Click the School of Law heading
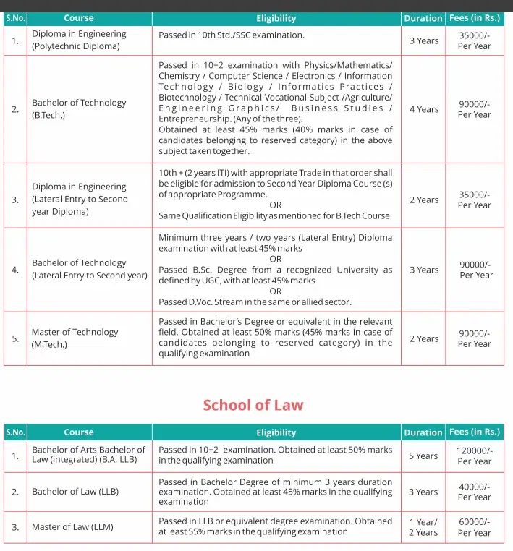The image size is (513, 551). tap(253, 405)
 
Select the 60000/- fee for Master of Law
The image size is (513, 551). tap(474, 527)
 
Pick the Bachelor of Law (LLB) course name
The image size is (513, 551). tap(75, 492)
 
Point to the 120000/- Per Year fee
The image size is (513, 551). tap(474, 456)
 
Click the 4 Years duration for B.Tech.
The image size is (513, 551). tap(423, 109)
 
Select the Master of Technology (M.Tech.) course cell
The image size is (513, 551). tap(75, 338)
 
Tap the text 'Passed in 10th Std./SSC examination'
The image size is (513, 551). tap(232, 35)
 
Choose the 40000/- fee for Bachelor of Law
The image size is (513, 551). tap(474, 492)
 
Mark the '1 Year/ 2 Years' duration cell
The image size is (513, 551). tap(423, 527)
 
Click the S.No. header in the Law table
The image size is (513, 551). tap(15, 432)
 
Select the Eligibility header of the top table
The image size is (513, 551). tap(276, 18)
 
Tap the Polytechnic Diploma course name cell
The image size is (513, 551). tap(79, 40)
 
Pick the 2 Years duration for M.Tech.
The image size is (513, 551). tap(423, 338)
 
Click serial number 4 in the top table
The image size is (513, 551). tap(15, 270)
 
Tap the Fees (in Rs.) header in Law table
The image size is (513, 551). tap(474, 432)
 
